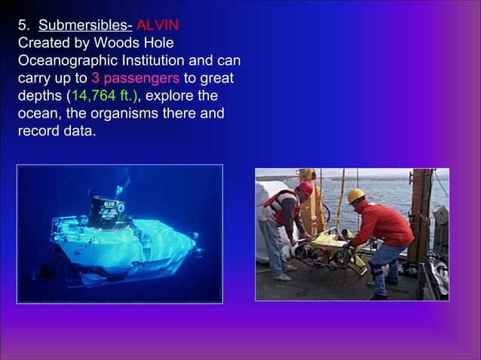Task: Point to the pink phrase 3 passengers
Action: tap(135, 78)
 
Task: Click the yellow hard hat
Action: tap(356, 196)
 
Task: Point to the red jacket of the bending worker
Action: tap(384, 224)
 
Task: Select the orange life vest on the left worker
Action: tap(285, 206)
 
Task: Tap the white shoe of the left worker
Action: tap(283, 277)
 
